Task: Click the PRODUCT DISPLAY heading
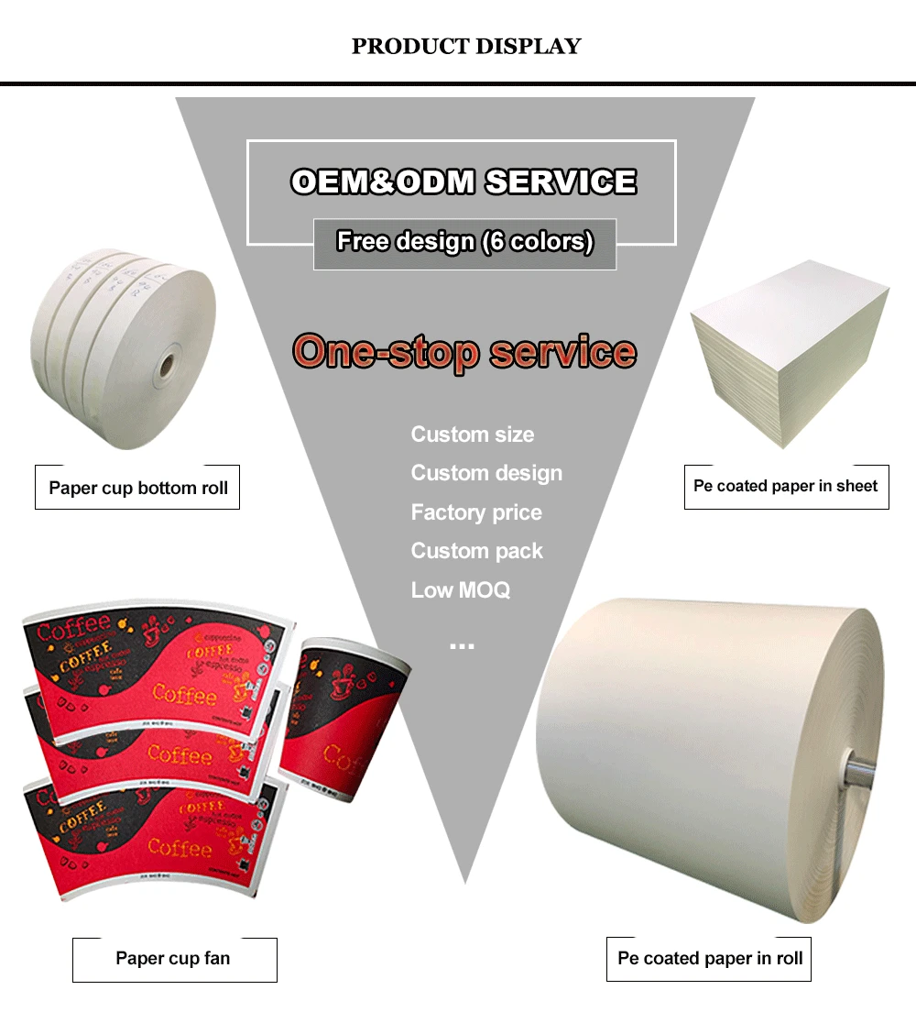pyautogui.click(x=466, y=46)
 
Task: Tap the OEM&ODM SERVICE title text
pyautogui.click(x=463, y=181)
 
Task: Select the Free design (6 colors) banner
pyautogui.click(x=464, y=242)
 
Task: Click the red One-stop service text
pyautogui.click(x=463, y=352)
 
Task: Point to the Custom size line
pyautogui.click(x=472, y=434)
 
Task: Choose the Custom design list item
pyautogui.click(x=486, y=473)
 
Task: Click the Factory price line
pyautogui.click(x=476, y=512)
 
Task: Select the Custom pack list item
pyautogui.click(x=476, y=551)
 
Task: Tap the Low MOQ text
pyautogui.click(x=461, y=590)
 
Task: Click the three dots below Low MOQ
pyautogui.click(x=462, y=647)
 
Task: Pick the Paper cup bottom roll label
pyautogui.click(x=138, y=488)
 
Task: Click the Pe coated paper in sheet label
pyautogui.click(x=786, y=486)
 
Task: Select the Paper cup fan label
pyautogui.click(x=173, y=959)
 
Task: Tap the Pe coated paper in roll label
pyautogui.click(x=710, y=959)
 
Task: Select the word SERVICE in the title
pyautogui.click(x=561, y=181)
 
